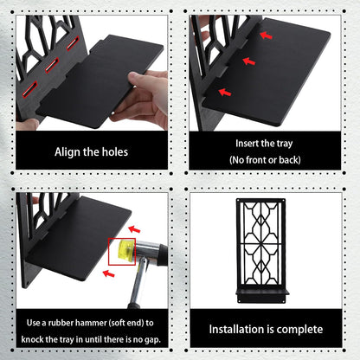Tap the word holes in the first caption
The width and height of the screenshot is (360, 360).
(114, 151)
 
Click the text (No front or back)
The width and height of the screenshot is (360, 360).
(265, 159)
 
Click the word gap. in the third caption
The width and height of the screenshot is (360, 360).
(152, 339)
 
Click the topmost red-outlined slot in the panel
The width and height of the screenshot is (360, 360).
(73, 43)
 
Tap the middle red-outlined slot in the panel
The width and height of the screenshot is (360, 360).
(51, 66)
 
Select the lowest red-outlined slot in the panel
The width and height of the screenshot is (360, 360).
(29, 89)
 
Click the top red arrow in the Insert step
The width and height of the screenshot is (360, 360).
(266, 35)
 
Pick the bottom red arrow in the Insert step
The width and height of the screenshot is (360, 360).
(225, 93)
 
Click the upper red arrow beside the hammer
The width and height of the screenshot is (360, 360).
(134, 229)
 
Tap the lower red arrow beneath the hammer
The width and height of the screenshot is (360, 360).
(109, 273)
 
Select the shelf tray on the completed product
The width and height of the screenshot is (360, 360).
(262, 292)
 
